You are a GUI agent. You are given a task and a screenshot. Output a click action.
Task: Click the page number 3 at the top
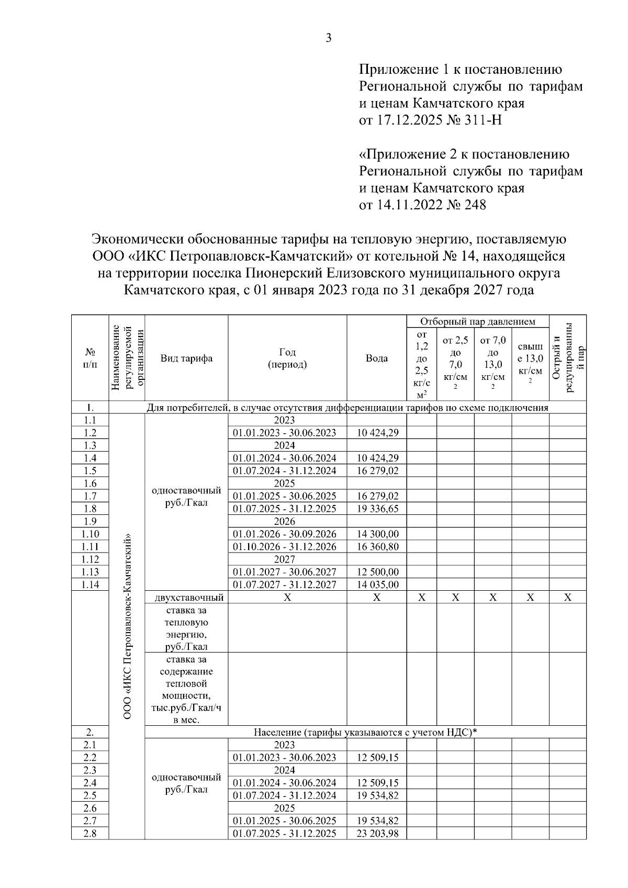pos(328,38)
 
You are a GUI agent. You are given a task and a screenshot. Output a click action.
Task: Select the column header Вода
pos(376,358)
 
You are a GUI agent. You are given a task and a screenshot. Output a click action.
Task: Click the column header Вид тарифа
pos(186,358)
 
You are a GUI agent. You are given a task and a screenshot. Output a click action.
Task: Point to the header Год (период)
pos(287,358)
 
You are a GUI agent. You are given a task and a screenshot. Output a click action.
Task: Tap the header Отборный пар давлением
pos(477,321)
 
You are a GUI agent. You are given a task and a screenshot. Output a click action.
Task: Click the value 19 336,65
pos(377,509)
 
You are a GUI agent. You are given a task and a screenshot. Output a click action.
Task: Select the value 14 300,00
pos(377,534)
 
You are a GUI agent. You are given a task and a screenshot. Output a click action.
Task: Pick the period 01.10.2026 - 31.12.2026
pos(285,547)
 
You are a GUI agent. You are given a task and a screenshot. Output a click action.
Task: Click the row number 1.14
pos(90,585)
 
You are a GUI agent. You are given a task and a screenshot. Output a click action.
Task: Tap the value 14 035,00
pos(377,585)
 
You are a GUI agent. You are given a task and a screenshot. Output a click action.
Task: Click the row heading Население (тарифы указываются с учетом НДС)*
pos(365,732)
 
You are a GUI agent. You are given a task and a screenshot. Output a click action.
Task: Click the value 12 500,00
pos(377,572)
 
